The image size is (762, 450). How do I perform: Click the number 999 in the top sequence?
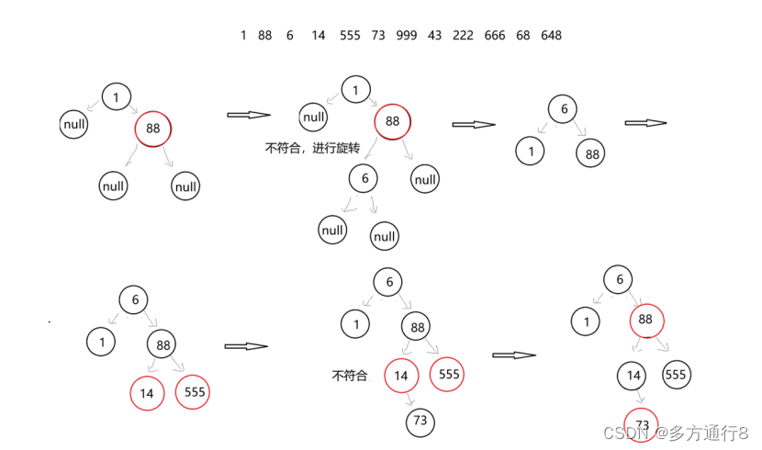(x=407, y=35)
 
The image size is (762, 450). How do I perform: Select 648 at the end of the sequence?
(x=552, y=35)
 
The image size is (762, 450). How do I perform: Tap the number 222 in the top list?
(x=464, y=35)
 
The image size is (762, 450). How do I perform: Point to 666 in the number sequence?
(x=495, y=35)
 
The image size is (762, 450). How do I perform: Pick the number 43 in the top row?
(x=434, y=35)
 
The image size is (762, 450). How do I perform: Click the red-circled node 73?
(x=643, y=423)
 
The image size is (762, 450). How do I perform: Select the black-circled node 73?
(x=420, y=422)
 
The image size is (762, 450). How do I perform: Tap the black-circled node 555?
(x=675, y=375)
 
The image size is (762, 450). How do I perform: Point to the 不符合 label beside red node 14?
(x=350, y=376)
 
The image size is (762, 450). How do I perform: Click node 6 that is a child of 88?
(x=364, y=177)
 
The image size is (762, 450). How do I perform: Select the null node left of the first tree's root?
(x=74, y=123)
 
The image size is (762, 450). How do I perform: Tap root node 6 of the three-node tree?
(x=564, y=109)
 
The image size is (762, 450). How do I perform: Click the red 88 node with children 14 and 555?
(x=645, y=320)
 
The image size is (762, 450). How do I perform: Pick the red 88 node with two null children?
(x=152, y=129)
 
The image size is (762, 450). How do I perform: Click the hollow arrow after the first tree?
(x=248, y=115)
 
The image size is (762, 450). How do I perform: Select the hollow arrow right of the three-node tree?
(x=645, y=123)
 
